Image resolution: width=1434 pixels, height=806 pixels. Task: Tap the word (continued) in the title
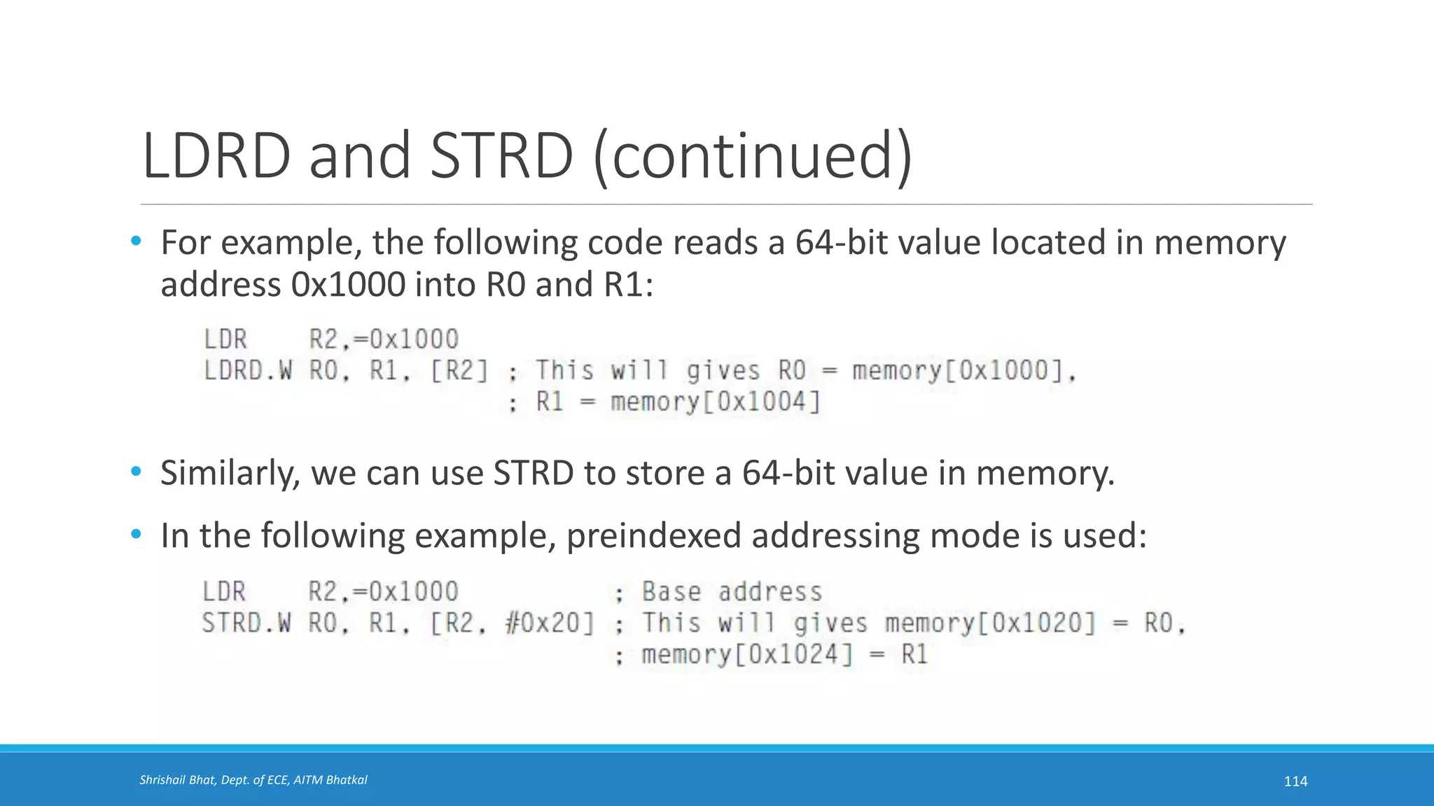(x=753, y=157)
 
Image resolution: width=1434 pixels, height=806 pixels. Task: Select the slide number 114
(x=1295, y=782)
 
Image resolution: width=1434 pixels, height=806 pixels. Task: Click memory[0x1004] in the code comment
(x=715, y=402)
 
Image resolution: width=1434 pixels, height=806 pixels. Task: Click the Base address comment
(x=732, y=592)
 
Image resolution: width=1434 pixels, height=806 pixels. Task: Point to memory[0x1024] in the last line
(x=748, y=655)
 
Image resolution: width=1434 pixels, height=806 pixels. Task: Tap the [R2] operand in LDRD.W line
(x=459, y=370)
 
